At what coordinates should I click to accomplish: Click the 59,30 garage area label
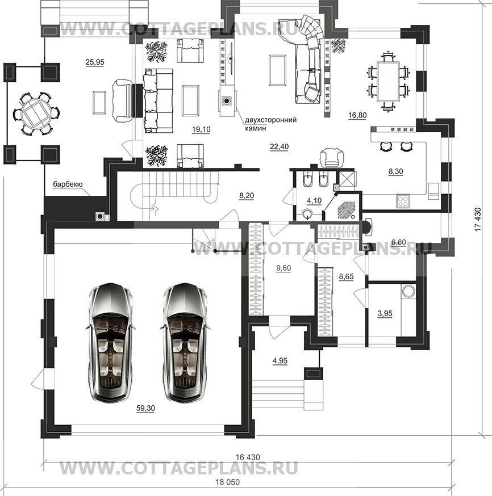pyautogui.click(x=145, y=409)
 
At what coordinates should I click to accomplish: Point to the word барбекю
pyautogui.click(x=68, y=184)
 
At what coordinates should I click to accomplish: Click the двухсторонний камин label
pyautogui.click(x=270, y=124)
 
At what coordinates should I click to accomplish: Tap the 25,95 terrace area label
pyautogui.click(x=95, y=62)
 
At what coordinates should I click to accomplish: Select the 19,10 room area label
pyautogui.click(x=201, y=129)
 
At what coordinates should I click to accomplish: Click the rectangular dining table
pyautogui.click(x=388, y=82)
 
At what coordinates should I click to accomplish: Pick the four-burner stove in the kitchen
pyautogui.click(x=403, y=201)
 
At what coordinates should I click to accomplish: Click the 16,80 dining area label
pyautogui.click(x=357, y=115)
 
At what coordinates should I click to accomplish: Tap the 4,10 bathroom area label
pyautogui.click(x=314, y=200)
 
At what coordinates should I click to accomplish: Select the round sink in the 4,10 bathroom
pyautogui.click(x=307, y=215)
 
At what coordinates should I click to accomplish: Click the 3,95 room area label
pyautogui.click(x=385, y=313)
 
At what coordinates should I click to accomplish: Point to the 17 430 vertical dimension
pyautogui.click(x=478, y=219)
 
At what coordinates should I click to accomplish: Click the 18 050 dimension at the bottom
pyautogui.click(x=228, y=482)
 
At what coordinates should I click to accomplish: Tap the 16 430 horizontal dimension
pyautogui.click(x=248, y=457)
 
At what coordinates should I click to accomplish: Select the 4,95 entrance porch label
pyautogui.click(x=280, y=360)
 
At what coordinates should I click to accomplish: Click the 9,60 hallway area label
pyautogui.click(x=283, y=268)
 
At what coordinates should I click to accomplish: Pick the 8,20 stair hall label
pyautogui.click(x=247, y=196)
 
